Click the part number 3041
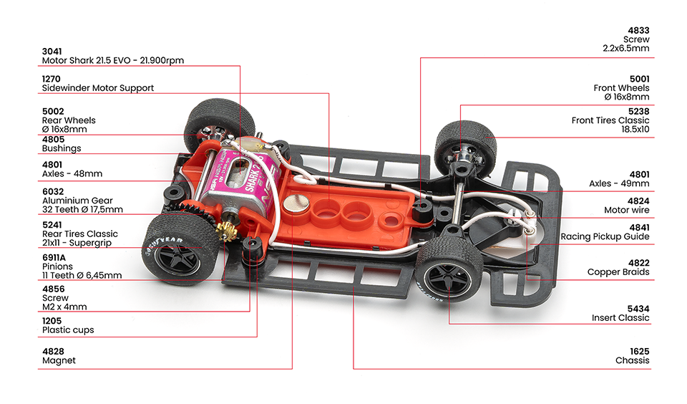coord(52,52)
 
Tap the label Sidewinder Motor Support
coord(98,87)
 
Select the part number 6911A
coord(54,257)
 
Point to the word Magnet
coord(59,360)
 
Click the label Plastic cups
coord(68,330)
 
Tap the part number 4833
coord(638,30)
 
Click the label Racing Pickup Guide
coord(605,236)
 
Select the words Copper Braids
coord(618,272)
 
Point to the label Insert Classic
coord(620,317)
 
